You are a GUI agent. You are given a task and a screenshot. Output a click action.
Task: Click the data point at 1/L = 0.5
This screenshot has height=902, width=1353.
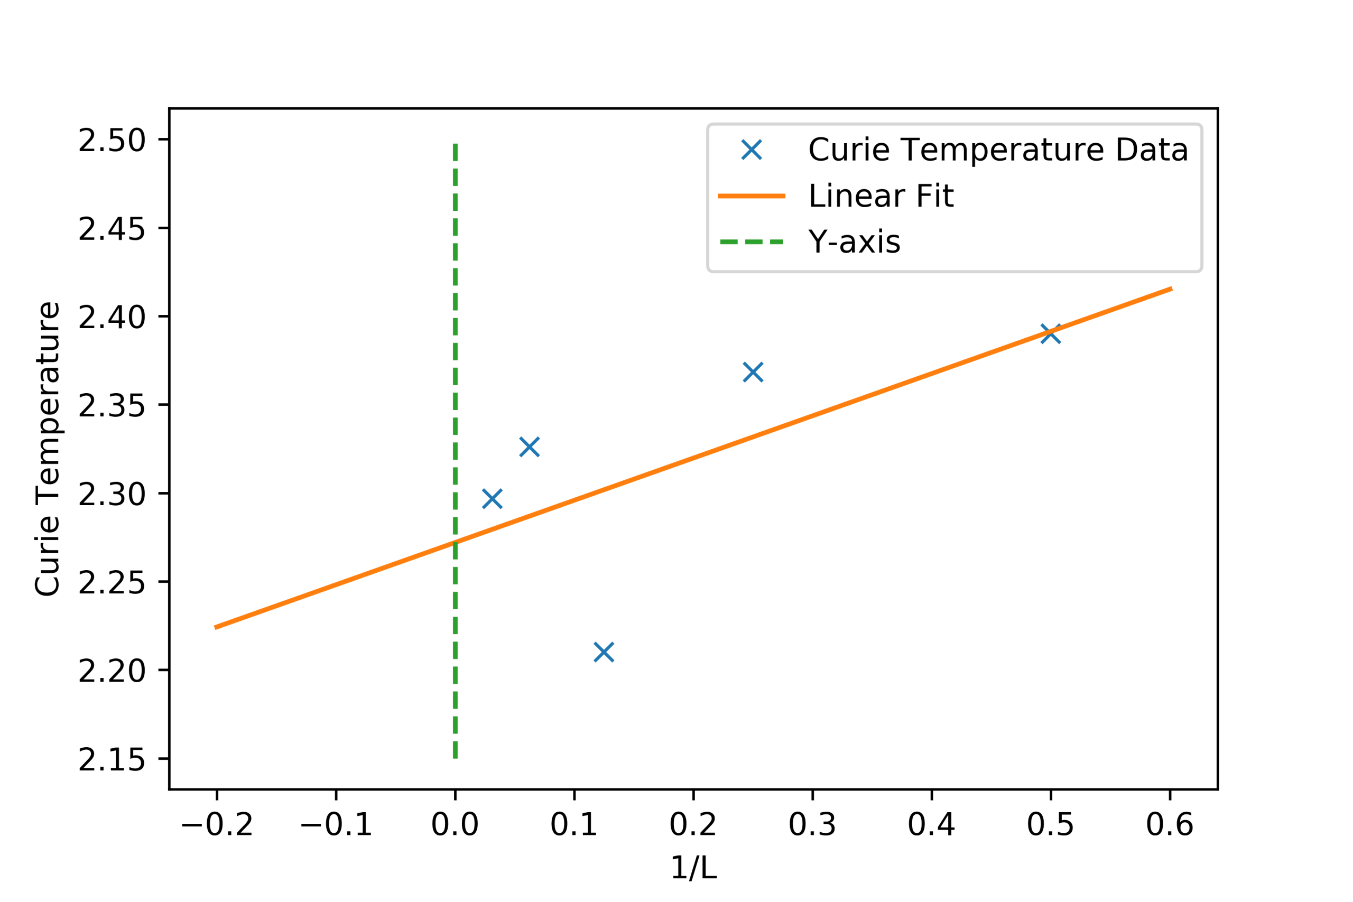1050,333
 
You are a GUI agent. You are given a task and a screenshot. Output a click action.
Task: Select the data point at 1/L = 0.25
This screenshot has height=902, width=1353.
753,372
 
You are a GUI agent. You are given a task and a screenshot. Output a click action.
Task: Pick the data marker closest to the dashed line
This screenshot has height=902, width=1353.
493,499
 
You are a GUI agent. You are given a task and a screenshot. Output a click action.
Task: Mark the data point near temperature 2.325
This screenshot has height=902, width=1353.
529,447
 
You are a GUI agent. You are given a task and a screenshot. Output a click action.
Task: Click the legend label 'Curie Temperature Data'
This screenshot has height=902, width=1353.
998,150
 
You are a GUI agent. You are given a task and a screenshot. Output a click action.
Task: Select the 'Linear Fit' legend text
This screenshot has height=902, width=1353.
881,196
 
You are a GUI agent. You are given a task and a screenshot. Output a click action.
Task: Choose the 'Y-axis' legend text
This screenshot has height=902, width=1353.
854,241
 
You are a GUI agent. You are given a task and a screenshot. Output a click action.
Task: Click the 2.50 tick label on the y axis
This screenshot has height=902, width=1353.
112,141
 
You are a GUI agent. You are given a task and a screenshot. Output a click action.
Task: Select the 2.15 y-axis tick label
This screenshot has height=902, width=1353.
112,760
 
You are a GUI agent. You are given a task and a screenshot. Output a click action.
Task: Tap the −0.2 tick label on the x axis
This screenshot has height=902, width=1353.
217,825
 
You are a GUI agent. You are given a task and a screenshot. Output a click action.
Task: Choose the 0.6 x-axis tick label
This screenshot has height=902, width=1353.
1170,825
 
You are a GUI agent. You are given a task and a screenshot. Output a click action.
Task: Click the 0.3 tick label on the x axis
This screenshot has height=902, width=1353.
812,825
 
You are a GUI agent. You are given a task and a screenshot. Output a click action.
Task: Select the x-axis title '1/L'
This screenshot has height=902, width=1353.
693,868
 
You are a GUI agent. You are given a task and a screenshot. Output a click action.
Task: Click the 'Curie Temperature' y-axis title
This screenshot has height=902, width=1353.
47,449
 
